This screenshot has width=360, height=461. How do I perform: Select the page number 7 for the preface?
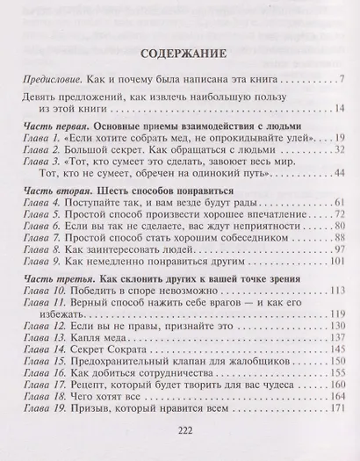(341, 82)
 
